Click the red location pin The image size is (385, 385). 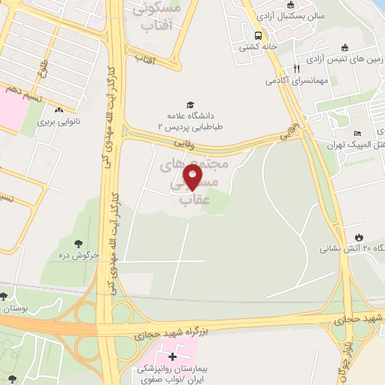click(193, 177)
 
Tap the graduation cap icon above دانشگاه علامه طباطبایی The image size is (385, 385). click(190, 105)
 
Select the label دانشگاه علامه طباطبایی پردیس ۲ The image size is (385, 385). click(190, 122)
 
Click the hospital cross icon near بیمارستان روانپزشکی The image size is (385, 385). click(173, 356)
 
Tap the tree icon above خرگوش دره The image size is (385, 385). click(79, 243)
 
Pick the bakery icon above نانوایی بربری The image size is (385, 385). click(59, 110)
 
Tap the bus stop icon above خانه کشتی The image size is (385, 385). click(259, 35)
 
